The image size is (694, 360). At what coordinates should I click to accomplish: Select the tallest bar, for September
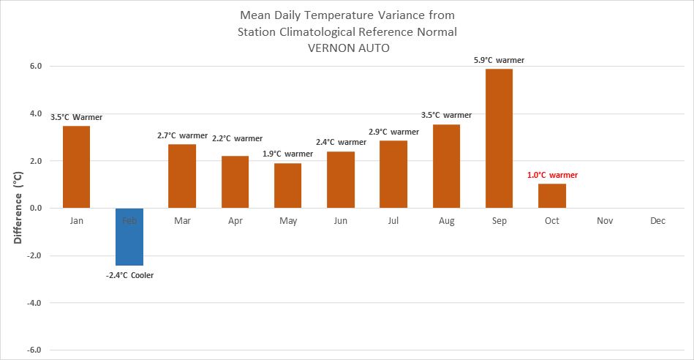click(x=499, y=138)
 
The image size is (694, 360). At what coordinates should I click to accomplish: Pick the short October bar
click(x=552, y=195)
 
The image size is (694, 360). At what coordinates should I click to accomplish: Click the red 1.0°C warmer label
click(x=552, y=176)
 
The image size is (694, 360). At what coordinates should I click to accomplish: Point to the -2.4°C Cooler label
click(x=129, y=275)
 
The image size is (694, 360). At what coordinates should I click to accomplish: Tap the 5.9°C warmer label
click(x=499, y=60)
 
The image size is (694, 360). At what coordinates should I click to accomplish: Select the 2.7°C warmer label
click(x=182, y=135)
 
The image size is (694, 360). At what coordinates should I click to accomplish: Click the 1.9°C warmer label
click(x=287, y=154)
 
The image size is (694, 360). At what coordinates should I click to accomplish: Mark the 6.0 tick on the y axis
click(x=35, y=67)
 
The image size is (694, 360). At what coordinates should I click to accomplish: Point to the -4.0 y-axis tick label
click(x=34, y=303)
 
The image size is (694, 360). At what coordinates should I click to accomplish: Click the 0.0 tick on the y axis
click(x=35, y=209)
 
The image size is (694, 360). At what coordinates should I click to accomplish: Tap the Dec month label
click(x=657, y=220)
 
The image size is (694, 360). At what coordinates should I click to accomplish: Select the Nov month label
click(x=605, y=220)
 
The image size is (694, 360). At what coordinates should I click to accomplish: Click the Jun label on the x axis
click(x=341, y=220)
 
